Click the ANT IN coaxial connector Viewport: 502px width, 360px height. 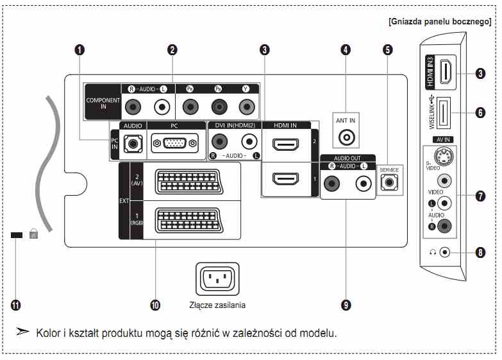coord(346,137)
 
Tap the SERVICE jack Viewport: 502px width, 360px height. coord(389,182)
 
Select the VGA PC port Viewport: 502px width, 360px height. coord(175,143)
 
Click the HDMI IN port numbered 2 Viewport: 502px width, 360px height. coord(285,144)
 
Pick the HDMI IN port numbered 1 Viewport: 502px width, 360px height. coord(285,179)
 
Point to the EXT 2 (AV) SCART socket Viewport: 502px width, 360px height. coord(188,182)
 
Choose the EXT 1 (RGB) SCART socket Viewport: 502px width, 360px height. coord(188,221)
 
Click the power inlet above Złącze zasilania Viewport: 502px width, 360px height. coord(217,279)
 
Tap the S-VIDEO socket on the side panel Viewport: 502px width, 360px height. coord(444,157)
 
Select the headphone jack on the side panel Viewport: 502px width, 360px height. coord(445,252)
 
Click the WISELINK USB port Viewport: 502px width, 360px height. coord(444,112)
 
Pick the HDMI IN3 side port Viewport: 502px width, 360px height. coord(448,71)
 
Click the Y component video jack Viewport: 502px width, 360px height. coord(247,107)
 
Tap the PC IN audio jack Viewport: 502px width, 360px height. coord(133,144)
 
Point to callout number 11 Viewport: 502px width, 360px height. coord(15,305)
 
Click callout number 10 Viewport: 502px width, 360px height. coord(155,305)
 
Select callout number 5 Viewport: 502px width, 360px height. coord(388,49)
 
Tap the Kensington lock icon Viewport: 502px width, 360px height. coord(33,234)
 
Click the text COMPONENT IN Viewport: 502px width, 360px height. coord(103,103)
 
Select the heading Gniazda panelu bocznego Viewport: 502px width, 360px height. coord(440,22)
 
